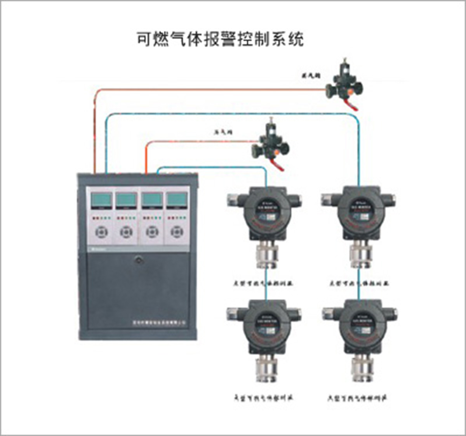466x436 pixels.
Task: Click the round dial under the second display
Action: tap(127, 232)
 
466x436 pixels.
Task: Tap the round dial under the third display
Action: tap(152, 232)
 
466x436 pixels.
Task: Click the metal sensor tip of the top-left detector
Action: tap(266, 255)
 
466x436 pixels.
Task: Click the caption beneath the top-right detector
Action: tap(359, 283)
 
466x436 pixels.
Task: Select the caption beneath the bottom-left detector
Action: tap(263, 398)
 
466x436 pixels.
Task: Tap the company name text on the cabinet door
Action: tap(159, 322)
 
